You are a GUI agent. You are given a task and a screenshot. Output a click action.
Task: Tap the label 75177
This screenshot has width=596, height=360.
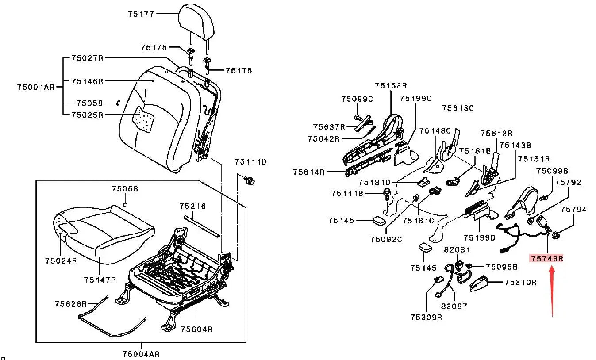[141, 14]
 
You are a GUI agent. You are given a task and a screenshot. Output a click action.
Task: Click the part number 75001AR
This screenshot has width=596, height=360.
[35, 87]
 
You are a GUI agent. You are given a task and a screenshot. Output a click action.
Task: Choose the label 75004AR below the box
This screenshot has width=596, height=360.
[141, 354]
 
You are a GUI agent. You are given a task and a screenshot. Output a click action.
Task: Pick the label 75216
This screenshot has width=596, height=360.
[192, 206]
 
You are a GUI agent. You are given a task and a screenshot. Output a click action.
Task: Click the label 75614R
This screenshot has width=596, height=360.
[308, 172]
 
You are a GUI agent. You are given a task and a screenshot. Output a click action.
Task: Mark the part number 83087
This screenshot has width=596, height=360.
[454, 306]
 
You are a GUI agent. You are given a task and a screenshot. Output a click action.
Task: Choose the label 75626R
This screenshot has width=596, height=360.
[70, 304]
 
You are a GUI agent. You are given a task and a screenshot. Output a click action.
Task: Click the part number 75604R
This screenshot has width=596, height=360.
[196, 329]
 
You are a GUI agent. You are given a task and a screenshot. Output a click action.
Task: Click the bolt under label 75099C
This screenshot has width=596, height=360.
[358, 118]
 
